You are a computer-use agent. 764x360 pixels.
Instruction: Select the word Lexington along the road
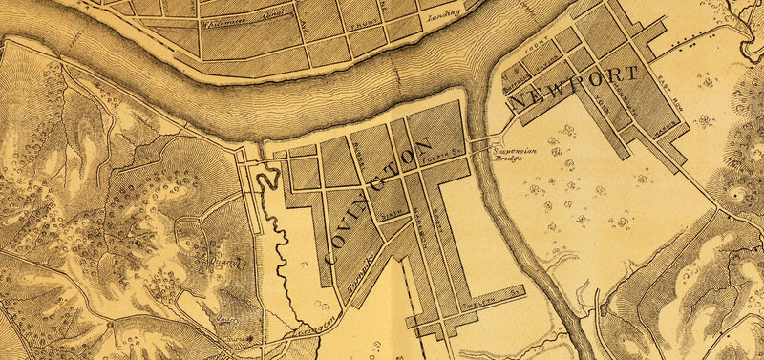click(319, 326)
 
